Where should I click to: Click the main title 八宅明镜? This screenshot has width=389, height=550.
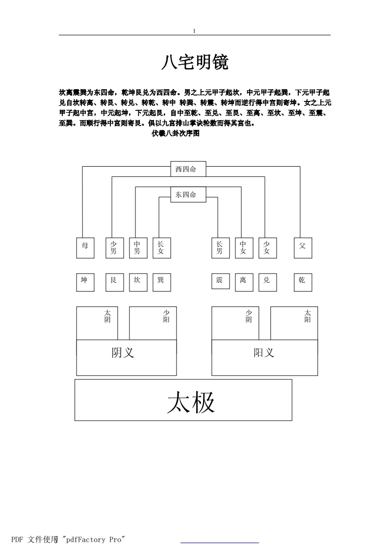195,62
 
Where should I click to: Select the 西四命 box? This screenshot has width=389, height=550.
188,169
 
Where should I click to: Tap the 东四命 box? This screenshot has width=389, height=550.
188,194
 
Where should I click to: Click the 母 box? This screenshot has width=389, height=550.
85,248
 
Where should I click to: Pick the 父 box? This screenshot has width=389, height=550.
303,248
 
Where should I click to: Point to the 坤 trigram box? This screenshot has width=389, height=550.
85,282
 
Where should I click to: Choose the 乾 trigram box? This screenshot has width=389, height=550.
303,282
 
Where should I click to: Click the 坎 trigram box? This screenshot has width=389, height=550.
138,282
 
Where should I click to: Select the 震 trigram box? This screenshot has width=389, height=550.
220,281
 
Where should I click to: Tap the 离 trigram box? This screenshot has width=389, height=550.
244,282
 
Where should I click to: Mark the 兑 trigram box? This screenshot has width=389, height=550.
267,282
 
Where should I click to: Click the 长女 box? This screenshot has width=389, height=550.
162,248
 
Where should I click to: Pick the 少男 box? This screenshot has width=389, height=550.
115,248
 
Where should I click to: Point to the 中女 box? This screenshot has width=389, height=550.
244,248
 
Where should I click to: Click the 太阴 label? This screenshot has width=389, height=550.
107,316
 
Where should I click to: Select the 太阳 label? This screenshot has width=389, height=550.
308,316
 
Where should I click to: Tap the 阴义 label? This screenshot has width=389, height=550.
123,352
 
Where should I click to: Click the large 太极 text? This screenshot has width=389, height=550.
191,402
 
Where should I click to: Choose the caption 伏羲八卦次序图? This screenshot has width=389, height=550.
176,133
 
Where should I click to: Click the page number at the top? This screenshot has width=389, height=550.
194,31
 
